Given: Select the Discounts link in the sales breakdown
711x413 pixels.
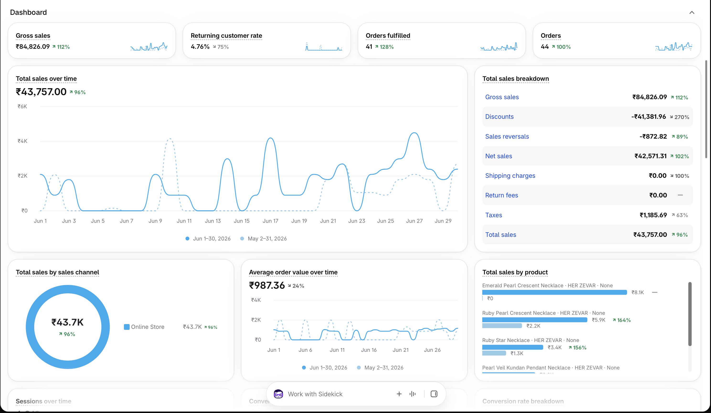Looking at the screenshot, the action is click(499, 117).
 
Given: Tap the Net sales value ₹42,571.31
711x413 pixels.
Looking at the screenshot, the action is click(650, 156).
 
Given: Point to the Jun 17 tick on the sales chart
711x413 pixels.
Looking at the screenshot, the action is click(270, 221).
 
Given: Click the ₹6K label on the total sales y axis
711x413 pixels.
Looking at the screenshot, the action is click(22, 107).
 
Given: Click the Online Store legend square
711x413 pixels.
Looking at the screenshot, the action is click(127, 327).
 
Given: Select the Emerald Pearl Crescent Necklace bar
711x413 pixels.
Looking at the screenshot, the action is click(554, 292).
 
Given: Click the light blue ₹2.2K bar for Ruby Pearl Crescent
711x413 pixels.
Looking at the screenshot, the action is click(502, 326).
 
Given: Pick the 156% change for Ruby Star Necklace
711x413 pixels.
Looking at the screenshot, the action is click(577, 348).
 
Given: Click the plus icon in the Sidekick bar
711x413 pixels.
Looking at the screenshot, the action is click(399, 394).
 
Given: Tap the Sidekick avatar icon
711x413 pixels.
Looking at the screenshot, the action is click(278, 394).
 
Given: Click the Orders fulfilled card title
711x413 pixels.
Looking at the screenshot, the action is click(388, 36).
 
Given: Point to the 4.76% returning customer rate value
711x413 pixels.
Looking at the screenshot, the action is click(200, 47).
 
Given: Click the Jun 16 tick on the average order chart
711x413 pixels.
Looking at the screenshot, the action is click(369, 350).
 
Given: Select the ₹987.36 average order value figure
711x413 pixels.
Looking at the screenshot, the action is click(267, 285).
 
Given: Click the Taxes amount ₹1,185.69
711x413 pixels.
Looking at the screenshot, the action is click(653, 215).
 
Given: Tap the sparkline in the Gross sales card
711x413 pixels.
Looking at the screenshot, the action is click(149, 47).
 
